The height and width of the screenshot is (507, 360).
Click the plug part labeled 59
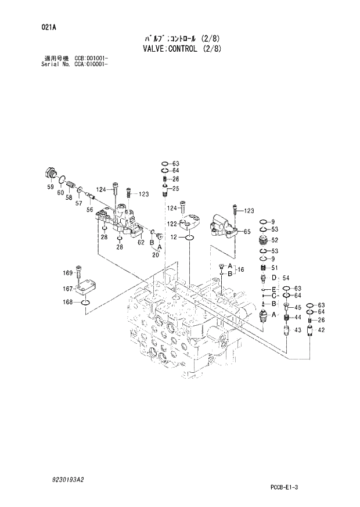click(x=50, y=173)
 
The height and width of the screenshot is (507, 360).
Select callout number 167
click(x=69, y=289)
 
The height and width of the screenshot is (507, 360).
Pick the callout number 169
click(x=69, y=273)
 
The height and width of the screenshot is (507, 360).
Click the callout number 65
click(x=247, y=232)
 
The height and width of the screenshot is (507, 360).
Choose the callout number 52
click(x=275, y=240)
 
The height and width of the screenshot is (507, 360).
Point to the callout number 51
click(x=275, y=267)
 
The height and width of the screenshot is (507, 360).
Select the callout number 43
click(x=297, y=330)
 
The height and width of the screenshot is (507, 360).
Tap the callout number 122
click(x=173, y=224)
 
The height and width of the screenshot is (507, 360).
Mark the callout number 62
click(x=140, y=243)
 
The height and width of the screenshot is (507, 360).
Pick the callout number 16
click(x=242, y=269)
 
